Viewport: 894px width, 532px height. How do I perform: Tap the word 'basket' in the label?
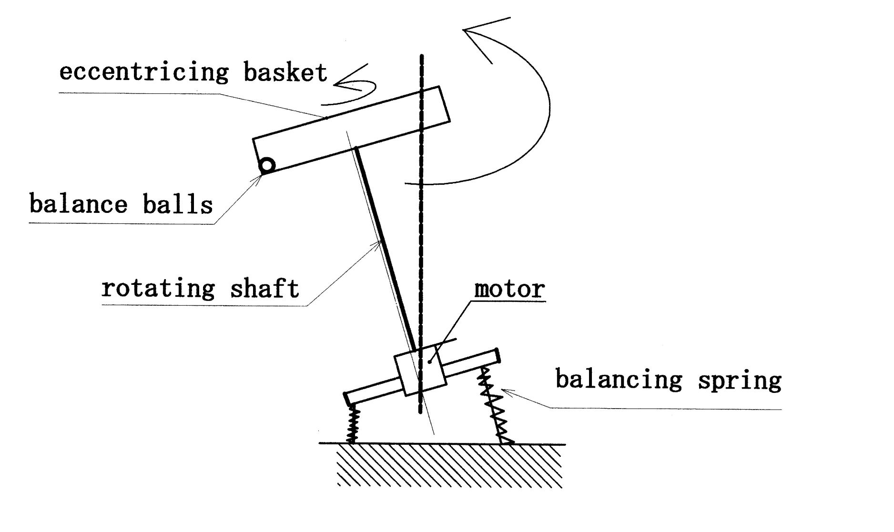click(285, 72)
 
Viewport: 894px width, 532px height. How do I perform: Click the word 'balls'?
click(177, 204)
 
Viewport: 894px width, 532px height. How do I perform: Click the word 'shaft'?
click(264, 289)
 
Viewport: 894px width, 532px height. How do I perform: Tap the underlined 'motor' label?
click(509, 289)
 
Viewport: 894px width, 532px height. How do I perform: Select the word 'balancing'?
click(619, 380)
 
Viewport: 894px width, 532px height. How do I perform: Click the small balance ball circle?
click(267, 165)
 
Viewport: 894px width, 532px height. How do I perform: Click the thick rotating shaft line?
click(386, 248)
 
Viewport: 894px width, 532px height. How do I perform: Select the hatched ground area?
click(448, 465)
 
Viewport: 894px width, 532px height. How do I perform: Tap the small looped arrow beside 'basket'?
click(355, 86)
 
